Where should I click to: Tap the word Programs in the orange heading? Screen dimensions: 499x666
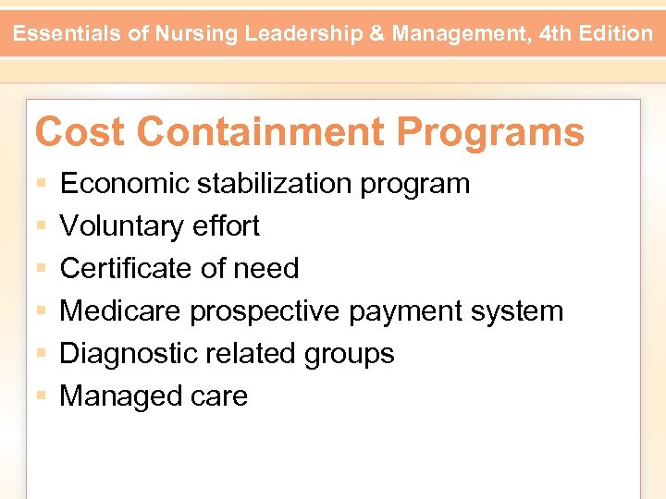pyautogui.click(x=490, y=132)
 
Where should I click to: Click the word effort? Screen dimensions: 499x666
pyautogui.click(x=230, y=226)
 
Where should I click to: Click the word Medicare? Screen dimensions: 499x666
pyautogui.click(x=121, y=311)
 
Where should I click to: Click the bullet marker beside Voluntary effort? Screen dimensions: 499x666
pyautogui.click(x=41, y=226)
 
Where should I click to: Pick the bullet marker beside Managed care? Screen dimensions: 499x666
pyautogui.click(x=41, y=396)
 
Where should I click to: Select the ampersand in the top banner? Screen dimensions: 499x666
pyautogui.click(x=376, y=34)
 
